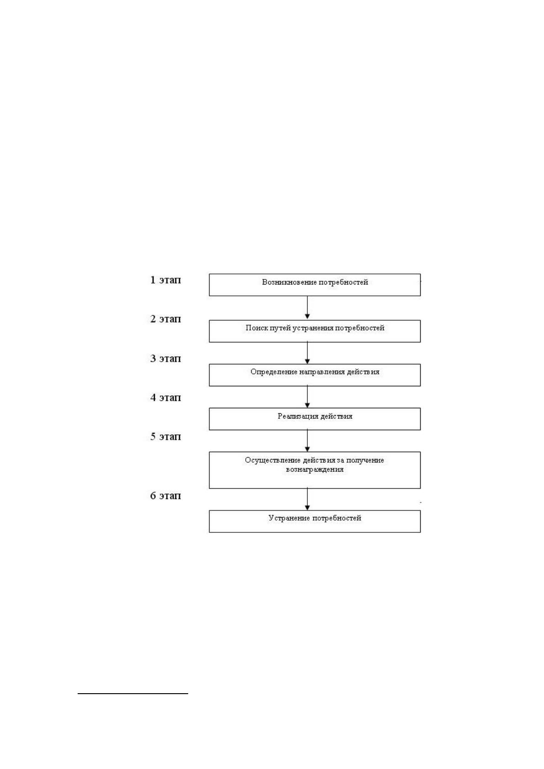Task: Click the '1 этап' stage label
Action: coord(165,280)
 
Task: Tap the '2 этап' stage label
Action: coord(165,319)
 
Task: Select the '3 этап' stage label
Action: coord(165,358)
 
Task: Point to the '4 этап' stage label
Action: coord(165,398)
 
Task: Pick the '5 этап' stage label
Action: coord(165,437)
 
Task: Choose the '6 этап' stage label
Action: coord(165,496)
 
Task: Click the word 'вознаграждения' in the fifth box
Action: coord(315,469)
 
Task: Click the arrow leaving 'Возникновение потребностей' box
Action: coord(307,308)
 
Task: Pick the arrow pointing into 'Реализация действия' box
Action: coord(307,397)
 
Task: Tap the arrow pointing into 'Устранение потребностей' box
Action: coord(307,499)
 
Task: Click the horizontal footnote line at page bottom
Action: coord(133,694)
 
